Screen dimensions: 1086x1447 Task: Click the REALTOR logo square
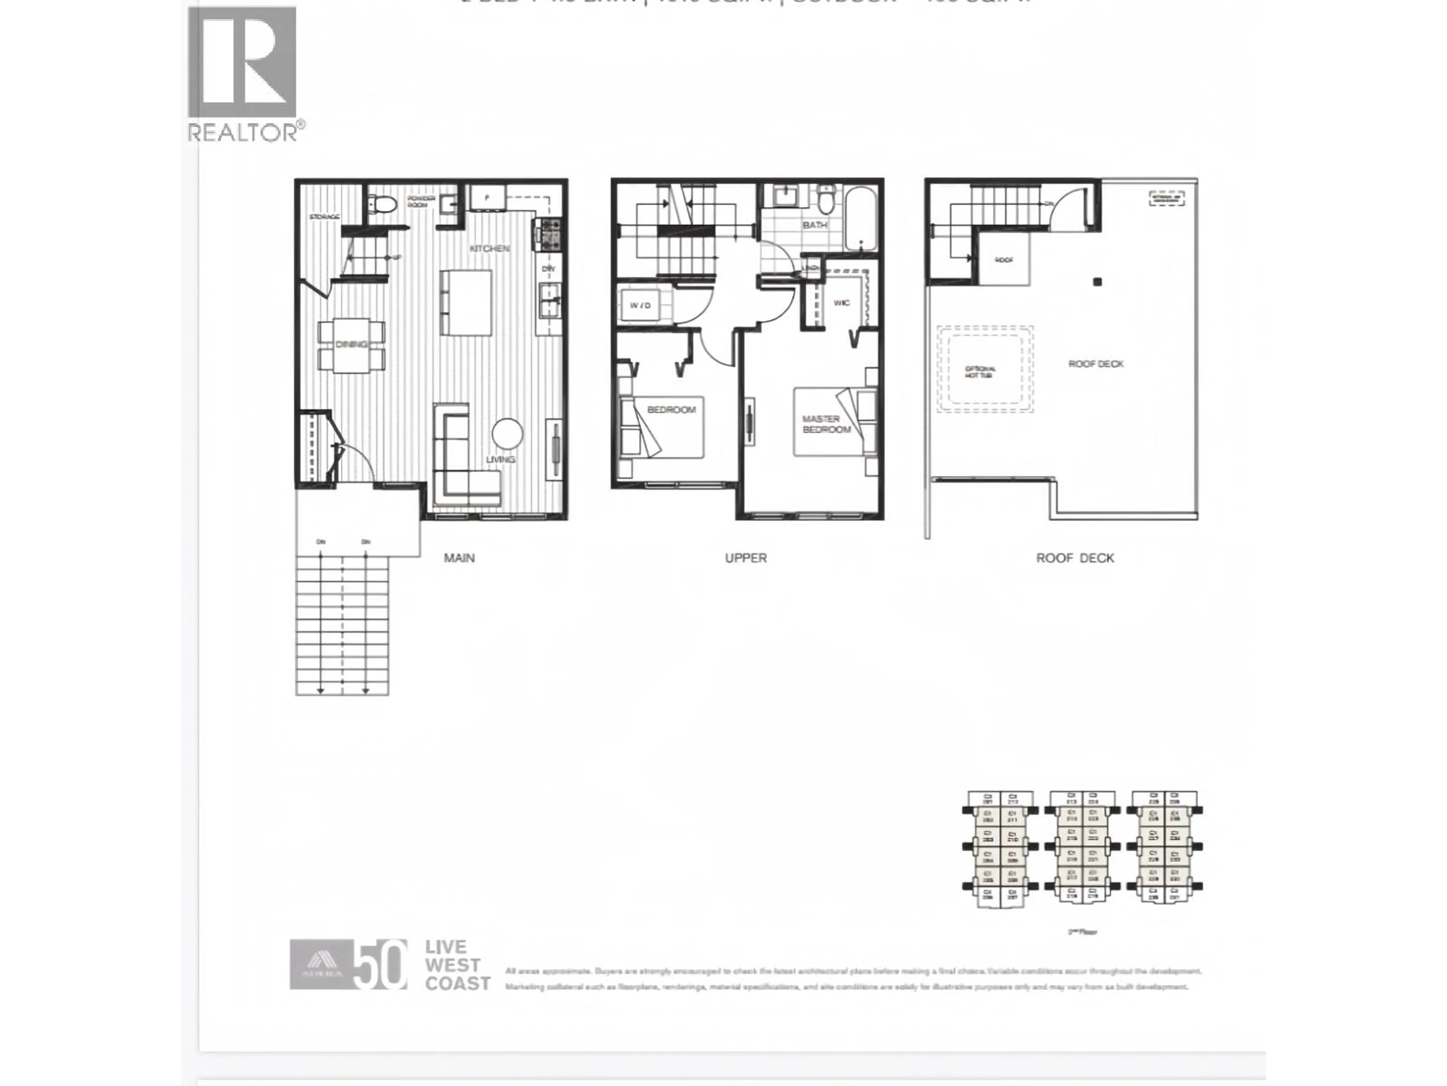tap(242, 62)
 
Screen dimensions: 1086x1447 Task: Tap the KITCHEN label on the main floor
tap(489, 249)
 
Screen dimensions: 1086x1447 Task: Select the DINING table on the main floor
tap(351, 345)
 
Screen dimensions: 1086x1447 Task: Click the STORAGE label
tap(324, 217)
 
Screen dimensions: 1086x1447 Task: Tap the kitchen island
tap(466, 302)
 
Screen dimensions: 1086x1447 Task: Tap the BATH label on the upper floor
tap(814, 225)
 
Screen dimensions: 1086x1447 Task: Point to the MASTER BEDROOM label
tap(826, 424)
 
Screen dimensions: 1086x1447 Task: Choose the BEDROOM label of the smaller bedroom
tap(671, 410)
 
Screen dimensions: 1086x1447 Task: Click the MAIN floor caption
tap(459, 558)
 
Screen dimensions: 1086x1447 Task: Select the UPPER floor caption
tap(746, 558)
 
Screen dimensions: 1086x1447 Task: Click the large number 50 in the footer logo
tap(379, 964)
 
